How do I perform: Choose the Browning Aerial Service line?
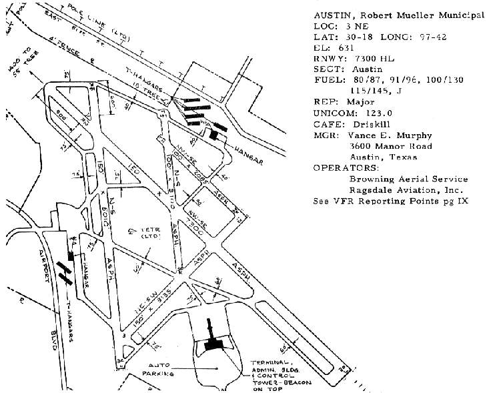point(408,179)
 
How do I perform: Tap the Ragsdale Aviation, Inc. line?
point(408,189)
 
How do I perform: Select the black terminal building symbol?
point(213,344)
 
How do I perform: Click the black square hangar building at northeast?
point(213,135)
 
